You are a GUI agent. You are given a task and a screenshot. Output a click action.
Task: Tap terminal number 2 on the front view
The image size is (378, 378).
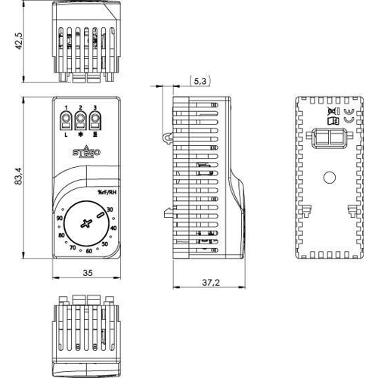click(x=81, y=119)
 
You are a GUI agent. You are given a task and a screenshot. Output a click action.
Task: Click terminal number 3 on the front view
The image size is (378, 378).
click(x=94, y=119)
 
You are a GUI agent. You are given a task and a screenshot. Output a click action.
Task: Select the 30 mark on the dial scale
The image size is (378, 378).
click(x=110, y=209)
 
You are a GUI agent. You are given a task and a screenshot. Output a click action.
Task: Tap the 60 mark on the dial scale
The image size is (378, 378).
click(x=88, y=250)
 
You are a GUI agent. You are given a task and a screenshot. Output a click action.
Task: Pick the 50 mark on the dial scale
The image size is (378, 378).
click(x=105, y=243)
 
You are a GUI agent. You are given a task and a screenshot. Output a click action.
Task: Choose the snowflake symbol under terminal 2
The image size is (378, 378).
click(x=81, y=133)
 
